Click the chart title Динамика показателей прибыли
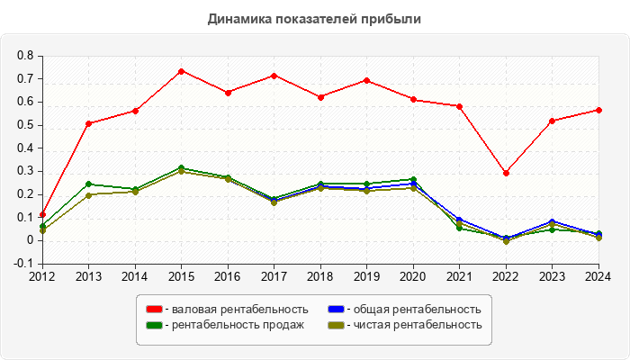[315, 18]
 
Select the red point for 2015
[181, 71]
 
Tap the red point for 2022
[506, 173]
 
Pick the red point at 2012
[42, 214]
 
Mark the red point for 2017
[274, 76]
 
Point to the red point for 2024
[598, 110]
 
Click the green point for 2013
[88, 184]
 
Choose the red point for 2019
[366, 80]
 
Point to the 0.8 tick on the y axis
[25, 56]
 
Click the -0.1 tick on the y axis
[23, 264]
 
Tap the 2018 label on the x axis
[319, 275]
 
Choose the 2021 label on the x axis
[459, 275]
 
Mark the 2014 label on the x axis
[134, 275]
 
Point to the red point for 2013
[88, 123]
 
